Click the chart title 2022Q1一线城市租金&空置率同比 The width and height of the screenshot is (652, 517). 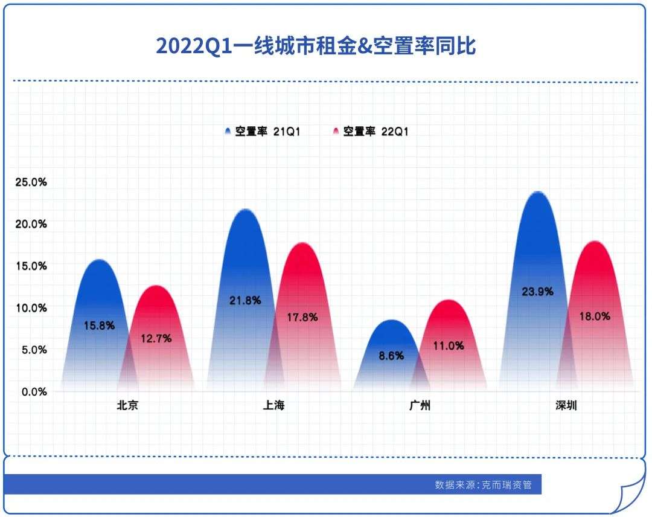point(316,45)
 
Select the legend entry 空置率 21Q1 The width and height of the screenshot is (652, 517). point(263,132)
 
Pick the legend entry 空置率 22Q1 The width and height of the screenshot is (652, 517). point(371,132)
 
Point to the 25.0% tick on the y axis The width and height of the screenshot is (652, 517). point(31,182)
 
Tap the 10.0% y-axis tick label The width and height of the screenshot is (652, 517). point(31,308)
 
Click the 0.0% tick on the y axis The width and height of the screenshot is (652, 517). point(34,391)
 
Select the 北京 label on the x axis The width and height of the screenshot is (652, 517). point(127,405)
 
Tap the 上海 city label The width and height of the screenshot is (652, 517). point(273,405)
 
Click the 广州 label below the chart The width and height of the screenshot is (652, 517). point(420,405)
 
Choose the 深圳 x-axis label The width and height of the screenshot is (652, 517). point(566,405)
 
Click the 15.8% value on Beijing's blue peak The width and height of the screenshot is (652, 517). point(100,326)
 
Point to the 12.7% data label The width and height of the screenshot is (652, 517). point(156,339)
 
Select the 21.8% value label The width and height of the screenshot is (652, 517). point(245,300)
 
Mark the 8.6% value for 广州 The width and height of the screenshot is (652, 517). point(391,356)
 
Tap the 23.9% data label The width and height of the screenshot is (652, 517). point(538,292)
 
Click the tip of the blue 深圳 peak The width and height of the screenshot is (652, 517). point(538,191)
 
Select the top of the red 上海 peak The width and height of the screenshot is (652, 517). point(302,243)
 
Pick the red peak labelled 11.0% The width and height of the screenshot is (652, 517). point(448,345)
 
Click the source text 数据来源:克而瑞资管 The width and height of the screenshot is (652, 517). point(483,485)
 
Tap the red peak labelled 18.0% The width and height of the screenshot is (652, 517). point(595,316)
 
